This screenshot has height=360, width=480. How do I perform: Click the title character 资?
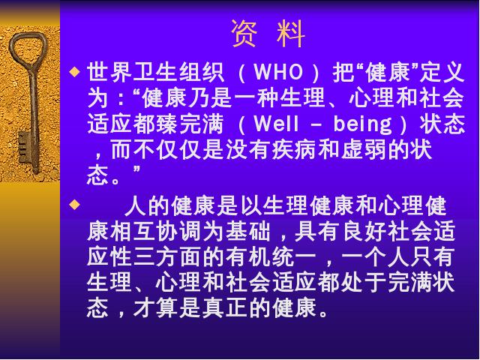coord(244,34)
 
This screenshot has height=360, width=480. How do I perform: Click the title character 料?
coord(291,34)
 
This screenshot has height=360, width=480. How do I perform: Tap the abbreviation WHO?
coord(278,72)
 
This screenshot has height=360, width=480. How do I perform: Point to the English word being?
coord(362,125)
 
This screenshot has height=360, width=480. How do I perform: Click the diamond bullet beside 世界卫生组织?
coord(75,72)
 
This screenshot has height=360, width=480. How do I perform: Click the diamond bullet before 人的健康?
coord(75,204)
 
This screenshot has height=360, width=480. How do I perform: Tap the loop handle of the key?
coord(28,46)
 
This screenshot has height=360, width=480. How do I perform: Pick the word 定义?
coord(442,72)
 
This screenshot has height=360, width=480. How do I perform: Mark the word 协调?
coord(179,231)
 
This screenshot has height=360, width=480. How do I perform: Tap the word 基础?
coord(248,231)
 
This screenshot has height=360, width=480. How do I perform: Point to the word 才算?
coord(156,307)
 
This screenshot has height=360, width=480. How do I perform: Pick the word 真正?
coord(225,307)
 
